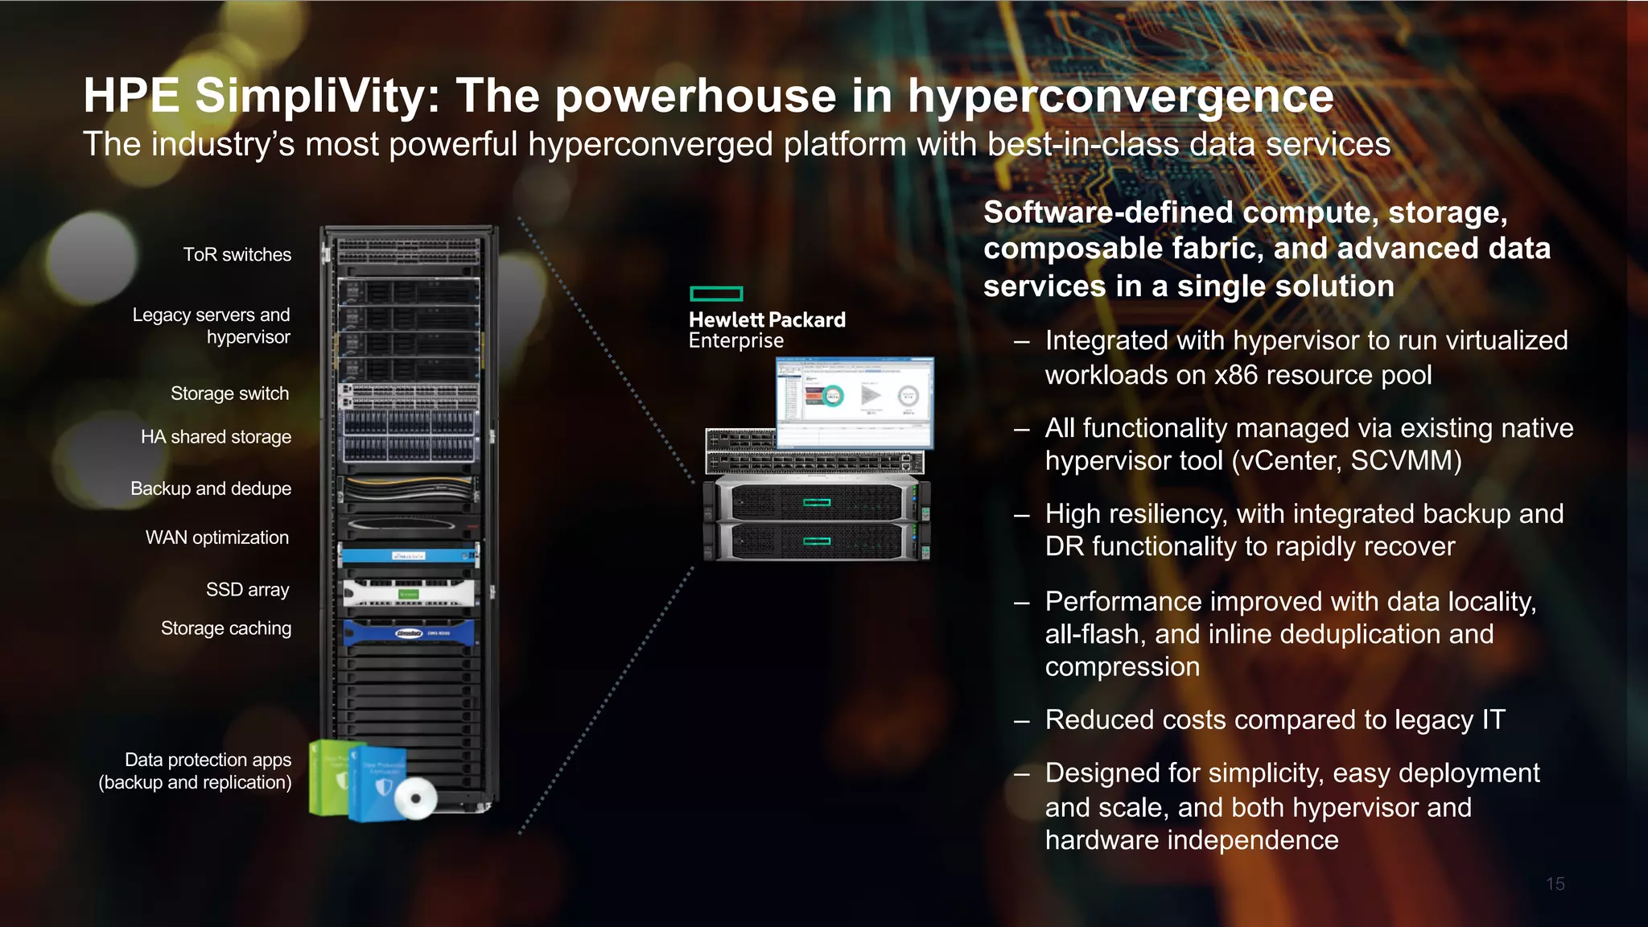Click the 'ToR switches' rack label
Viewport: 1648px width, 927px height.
click(x=237, y=255)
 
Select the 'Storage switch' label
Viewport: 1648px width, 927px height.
click(x=229, y=393)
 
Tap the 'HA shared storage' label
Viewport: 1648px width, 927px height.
click(x=216, y=437)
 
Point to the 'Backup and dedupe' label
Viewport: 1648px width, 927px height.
click(x=211, y=488)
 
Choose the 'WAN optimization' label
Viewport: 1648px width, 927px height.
click(x=216, y=538)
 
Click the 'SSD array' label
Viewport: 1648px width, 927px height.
click(x=247, y=590)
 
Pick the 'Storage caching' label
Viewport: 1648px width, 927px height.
click(x=225, y=628)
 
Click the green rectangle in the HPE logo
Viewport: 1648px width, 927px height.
click(x=716, y=294)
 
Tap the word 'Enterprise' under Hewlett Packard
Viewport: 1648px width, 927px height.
click(x=735, y=341)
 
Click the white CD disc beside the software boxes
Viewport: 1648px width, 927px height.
click(x=416, y=798)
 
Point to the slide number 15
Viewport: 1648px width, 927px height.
click(x=1555, y=884)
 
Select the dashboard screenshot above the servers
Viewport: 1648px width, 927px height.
click(x=855, y=402)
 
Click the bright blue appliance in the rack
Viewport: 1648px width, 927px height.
click(x=408, y=555)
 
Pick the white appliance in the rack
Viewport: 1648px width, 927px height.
click(x=408, y=593)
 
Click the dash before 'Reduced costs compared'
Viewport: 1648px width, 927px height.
click(x=1021, y=721)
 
